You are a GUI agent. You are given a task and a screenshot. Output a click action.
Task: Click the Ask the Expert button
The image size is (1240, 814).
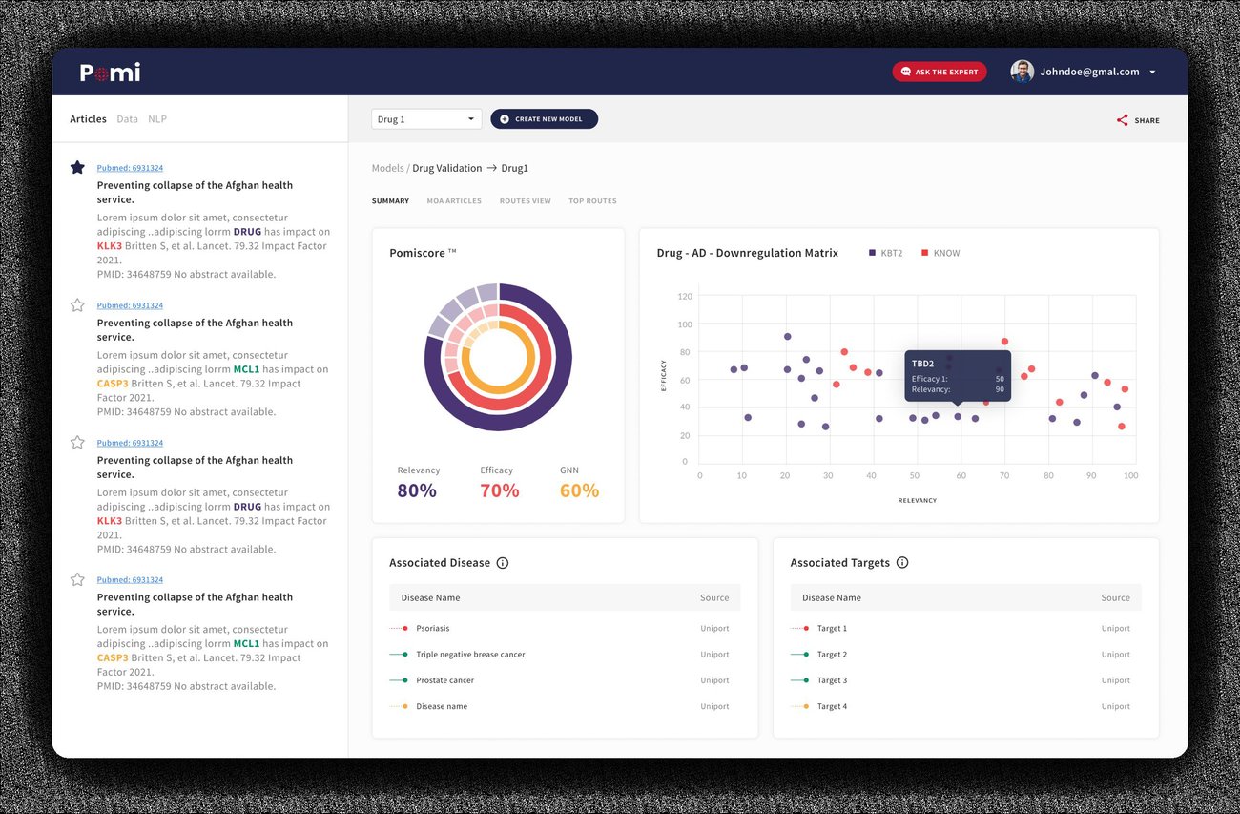[939, 72]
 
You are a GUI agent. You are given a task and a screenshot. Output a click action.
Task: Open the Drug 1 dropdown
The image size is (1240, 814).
[426, 119]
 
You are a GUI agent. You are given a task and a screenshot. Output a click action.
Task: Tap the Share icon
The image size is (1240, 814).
[1122, 120]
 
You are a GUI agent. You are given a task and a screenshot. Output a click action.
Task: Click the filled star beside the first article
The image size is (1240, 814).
[77, 167]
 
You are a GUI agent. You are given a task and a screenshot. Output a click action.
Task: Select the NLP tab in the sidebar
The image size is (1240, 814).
[157, 119]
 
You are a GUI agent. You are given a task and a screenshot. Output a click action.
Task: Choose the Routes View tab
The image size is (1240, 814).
[525, 201]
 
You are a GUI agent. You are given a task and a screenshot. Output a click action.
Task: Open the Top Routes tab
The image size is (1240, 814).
[592, 201]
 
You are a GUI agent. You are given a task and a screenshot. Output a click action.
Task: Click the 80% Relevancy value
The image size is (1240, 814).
[417, 490]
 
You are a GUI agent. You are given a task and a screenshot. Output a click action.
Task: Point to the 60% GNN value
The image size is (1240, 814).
[579, 490]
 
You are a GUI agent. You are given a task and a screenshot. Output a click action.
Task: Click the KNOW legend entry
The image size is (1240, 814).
[940, 253]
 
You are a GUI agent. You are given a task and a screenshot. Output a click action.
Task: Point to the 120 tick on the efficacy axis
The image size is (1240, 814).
[685, 296]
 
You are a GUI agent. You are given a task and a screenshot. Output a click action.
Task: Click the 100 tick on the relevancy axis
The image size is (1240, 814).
[1131, 475]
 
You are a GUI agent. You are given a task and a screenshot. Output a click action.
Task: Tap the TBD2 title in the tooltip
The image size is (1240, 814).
[922, 364]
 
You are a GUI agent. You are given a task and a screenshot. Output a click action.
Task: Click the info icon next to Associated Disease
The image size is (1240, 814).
[502, 563]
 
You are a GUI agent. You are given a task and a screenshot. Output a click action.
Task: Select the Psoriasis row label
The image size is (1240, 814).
[433, 629]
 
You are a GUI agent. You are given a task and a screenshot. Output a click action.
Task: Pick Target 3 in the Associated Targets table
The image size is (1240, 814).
[832, 680]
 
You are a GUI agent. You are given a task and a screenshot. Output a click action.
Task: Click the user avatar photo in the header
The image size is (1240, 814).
[1022, 72]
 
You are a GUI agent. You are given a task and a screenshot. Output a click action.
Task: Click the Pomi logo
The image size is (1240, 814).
[110, 73]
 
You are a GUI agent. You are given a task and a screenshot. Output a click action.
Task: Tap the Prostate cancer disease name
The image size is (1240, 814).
[445, 680]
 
